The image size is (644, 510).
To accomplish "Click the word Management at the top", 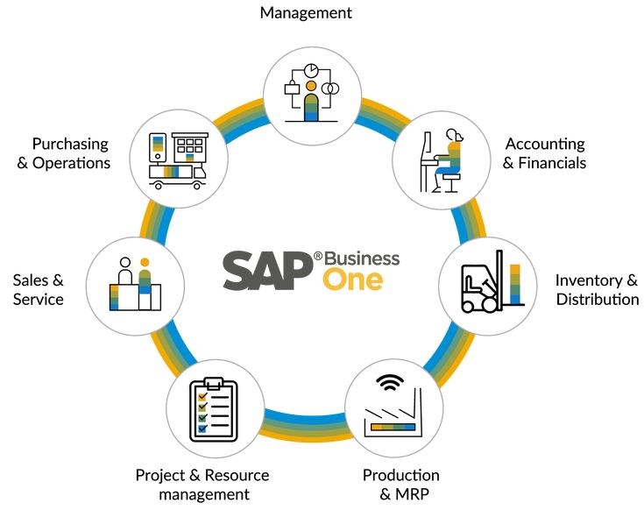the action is (306, 13).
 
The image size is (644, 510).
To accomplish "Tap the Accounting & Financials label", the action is (545, 153).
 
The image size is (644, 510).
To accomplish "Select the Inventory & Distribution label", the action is (597, 289).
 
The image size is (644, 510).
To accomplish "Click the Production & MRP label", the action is (401, 484).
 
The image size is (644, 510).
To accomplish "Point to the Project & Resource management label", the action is (202, 485).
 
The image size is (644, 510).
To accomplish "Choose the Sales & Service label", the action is (39, 289).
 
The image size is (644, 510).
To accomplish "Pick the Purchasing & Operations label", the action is (64, 153).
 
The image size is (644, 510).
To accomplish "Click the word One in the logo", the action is (353, 280).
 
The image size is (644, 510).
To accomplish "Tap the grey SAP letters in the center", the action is (268, 271).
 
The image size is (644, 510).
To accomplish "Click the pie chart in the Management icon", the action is (311, 70).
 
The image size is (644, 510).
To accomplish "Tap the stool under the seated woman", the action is (451, 183).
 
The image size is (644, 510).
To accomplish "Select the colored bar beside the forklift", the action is (515, 284).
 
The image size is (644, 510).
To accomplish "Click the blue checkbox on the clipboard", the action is (202, 429).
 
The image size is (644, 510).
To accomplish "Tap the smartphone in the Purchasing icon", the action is (158, 147).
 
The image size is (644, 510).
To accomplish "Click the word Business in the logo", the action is (362, 259).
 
